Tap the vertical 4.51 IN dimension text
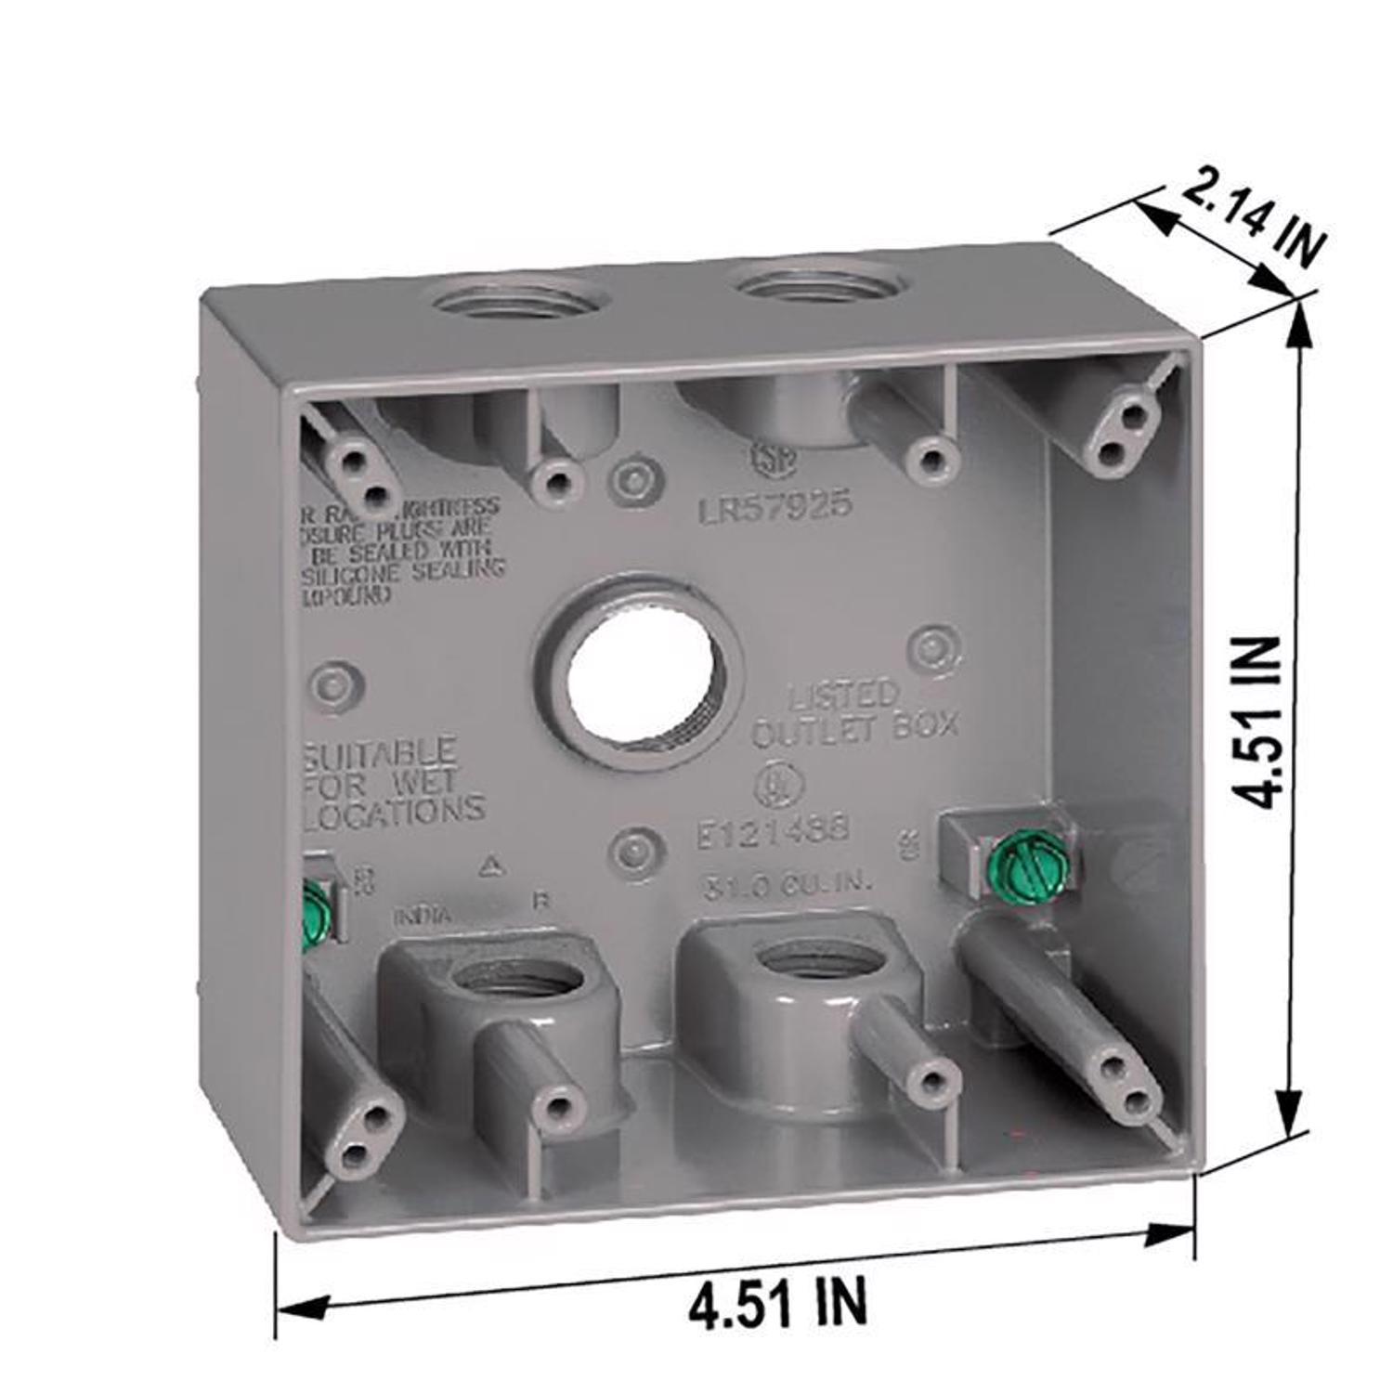pyautogui.click(x=1256, y=723)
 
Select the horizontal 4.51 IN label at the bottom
pyautogui.click(x=778, y=1302)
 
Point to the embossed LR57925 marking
pyautogui.click(x=775, y=505)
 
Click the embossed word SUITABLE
pyautogui.click(x=380, y=753)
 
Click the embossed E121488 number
pyautogui.click(x=774, y=829)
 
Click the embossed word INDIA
pyautogui.click(x=423, y=916)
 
